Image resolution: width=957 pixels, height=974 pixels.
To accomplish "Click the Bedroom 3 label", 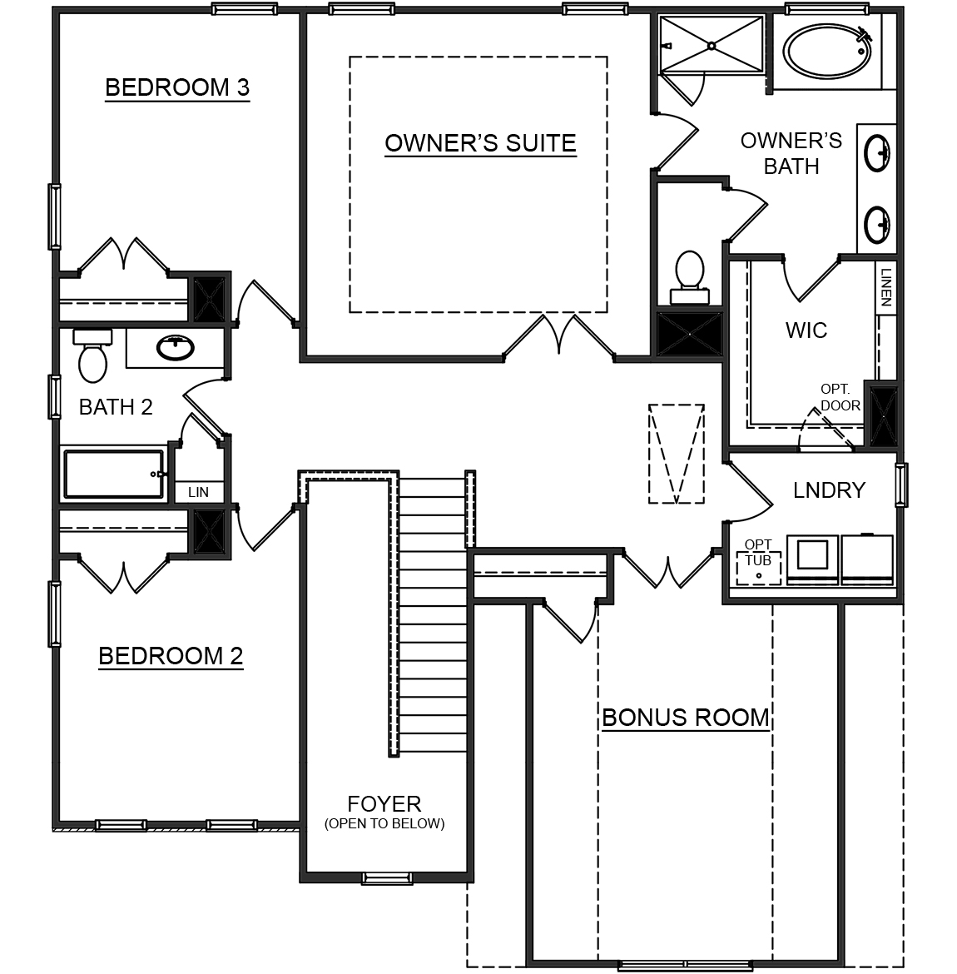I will [177, 87].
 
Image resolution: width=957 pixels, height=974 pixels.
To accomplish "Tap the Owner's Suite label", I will [480, 143].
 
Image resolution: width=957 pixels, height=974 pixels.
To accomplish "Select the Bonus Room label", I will [685, 718].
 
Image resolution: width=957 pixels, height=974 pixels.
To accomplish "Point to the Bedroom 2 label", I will [171, 656].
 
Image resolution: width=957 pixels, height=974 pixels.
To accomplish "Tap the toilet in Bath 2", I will [92, 355].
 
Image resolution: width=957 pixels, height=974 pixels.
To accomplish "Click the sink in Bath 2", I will [176, 348].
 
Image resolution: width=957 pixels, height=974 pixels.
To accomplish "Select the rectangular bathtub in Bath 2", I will [115, 475].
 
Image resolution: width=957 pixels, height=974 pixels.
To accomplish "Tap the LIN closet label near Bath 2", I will [198, 492].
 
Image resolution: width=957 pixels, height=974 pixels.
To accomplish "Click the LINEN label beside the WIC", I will [886, 287].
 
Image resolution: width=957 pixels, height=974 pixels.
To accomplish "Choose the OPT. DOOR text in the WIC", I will [840, 397].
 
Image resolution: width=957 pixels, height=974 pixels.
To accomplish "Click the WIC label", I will [806, 330].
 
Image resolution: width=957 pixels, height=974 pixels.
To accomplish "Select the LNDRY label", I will [829, 490].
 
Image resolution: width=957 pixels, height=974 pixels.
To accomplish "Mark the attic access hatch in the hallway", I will [677, 454].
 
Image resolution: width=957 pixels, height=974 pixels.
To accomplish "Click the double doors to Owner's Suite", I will [559, 337].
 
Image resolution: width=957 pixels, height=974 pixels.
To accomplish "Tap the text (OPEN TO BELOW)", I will [384, 824].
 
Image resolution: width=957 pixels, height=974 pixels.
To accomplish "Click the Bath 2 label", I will [116, 407].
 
